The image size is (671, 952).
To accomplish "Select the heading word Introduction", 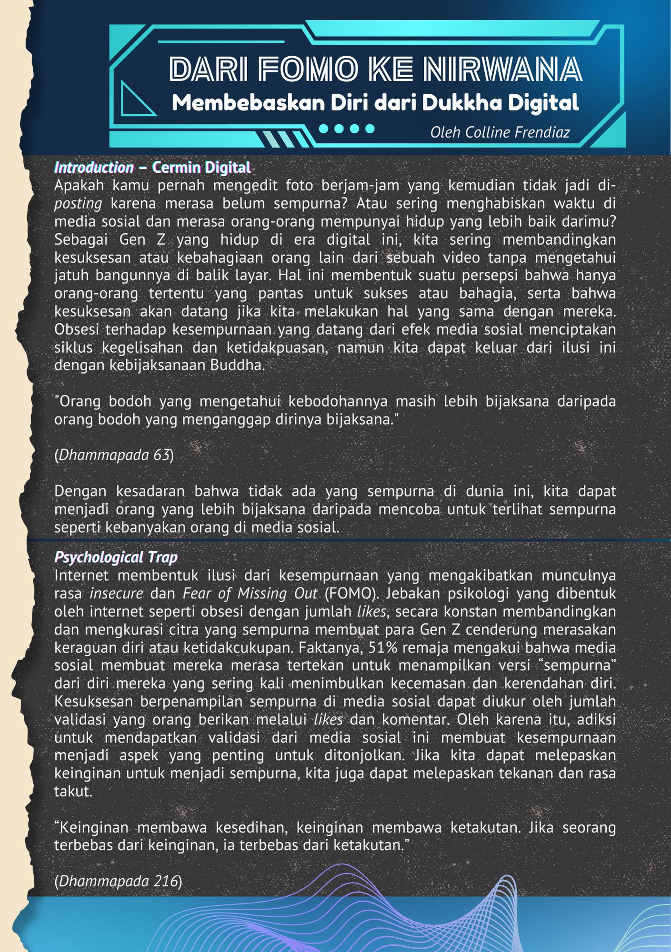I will tap(94, 168).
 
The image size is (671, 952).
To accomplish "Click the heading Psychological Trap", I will tap(116, 557).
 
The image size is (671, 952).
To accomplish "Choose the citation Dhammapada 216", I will tap(118, 882).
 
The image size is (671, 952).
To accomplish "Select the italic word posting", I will tap(78, 204).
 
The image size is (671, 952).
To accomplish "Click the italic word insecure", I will tap(116, 594).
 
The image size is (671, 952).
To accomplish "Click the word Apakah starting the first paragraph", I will tap(77, 185).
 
